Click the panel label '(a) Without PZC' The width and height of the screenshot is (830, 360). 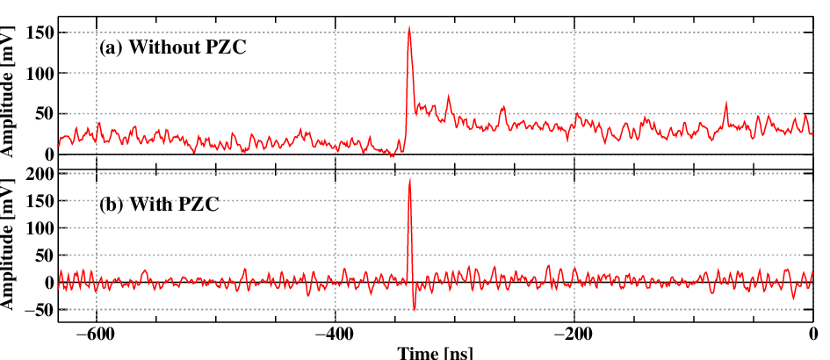pyautogui.click(x=174, y=47)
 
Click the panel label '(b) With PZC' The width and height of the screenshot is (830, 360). pyautogui.click(x=159, y=204)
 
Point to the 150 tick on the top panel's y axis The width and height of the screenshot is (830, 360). pyautogui.click(x=40, y=32)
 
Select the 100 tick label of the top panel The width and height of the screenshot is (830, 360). pyautogui.click(x=40, y=73)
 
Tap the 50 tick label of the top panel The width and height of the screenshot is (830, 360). pyautogui.click(x=43, y=114)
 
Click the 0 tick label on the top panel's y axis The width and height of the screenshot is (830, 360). pyautogui.click(x=48, y=155)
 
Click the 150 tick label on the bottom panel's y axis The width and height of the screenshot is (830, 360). pyautogui.click(x=40, y=201)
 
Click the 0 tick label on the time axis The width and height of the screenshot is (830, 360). pyautogui.click(x=812, y=335)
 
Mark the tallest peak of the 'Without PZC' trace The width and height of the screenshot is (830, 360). pyautogui.click(x=409, y=27)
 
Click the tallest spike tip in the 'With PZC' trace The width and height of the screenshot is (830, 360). pyautogui.click(x=409, y=180)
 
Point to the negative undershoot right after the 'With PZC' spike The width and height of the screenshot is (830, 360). pyautogui.click(x=414, y=310)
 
